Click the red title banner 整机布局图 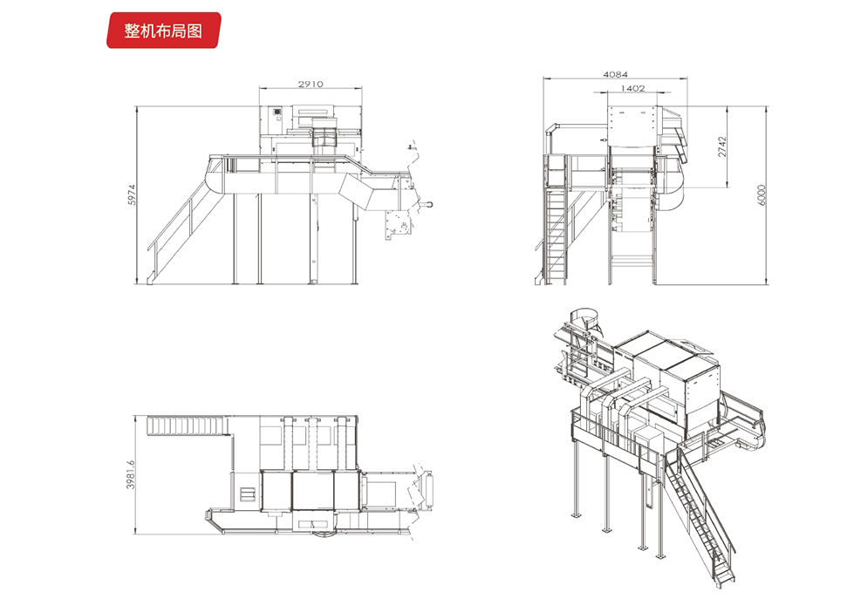[x=163, y=31]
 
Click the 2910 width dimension [x=311, y=85]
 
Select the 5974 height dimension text [x=132, y=194]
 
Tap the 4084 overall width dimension [x=615, y=75]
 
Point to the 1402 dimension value [x=632, y=88]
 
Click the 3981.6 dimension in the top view [x=132, y=475]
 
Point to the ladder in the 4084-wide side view [x=556, y=231]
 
